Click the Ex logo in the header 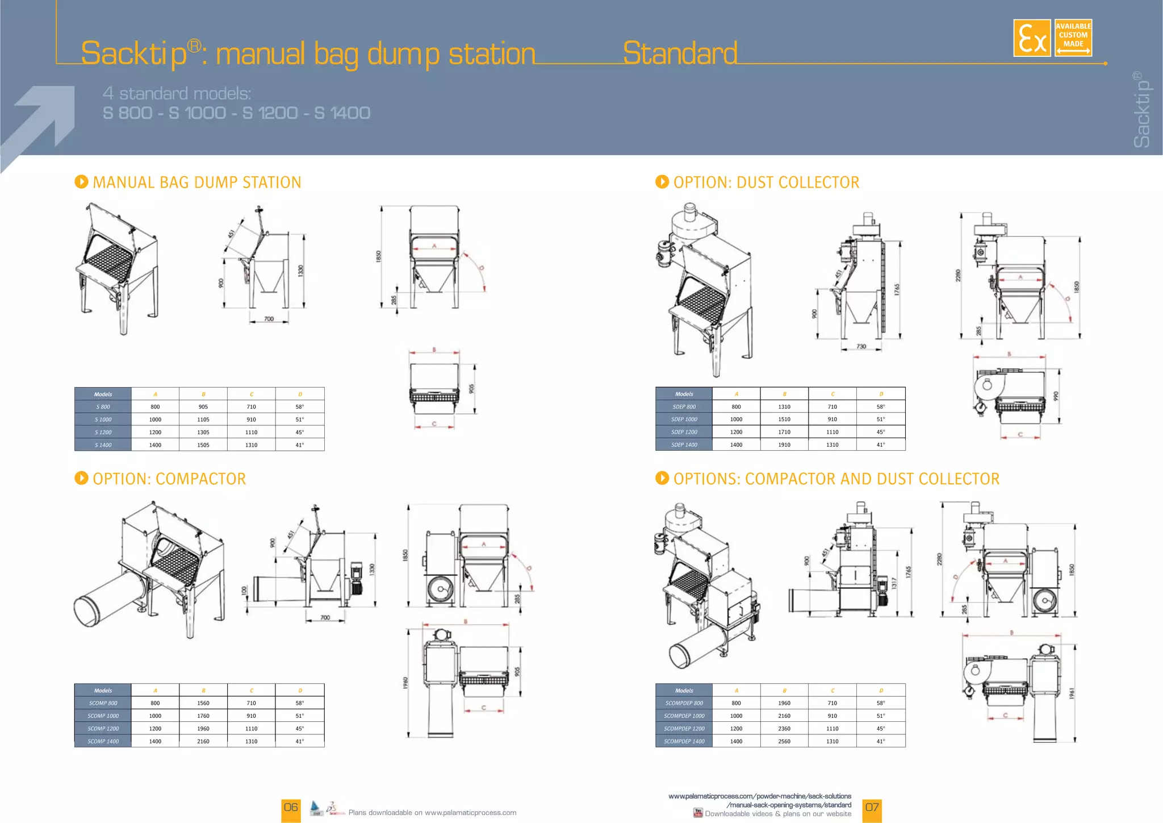coord(1031,38)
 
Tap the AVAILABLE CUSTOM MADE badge coord(1073,38)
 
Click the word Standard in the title coord(680,53)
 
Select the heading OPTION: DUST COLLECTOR coord(765,182)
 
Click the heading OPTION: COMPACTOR coord(169,479)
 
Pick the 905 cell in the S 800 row coord(203,407)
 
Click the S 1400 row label coord(103,445)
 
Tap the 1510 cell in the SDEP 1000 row coord(784,419)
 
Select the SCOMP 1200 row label coord(103,729)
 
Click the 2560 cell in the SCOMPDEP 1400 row coord(784,742)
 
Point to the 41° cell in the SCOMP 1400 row coord(299,742)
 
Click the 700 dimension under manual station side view coord(269,319)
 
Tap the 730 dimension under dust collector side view coord(861,346)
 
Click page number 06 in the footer coord(291,808)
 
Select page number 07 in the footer coord(872,808)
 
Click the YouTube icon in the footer coord(698,813)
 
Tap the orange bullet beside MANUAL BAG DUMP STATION coord(81,182)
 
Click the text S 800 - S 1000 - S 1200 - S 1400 coord(236,113)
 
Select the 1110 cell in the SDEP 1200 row coord(832,432)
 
